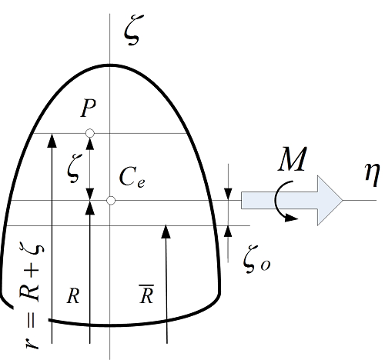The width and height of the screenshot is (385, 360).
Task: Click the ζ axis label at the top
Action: [132, 32]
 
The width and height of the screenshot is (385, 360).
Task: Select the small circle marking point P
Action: [90, 134]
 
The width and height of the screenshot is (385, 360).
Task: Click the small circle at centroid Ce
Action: [111, 200]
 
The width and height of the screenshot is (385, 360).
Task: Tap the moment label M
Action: [293, 162]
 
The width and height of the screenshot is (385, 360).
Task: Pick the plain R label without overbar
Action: [73, 298]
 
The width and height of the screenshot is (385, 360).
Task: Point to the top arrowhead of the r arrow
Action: [52, 138]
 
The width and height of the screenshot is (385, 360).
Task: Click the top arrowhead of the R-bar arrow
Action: [166, 230]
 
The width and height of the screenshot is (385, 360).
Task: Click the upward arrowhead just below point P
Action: [90, 143]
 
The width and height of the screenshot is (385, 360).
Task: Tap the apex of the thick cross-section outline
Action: [111, 65]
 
